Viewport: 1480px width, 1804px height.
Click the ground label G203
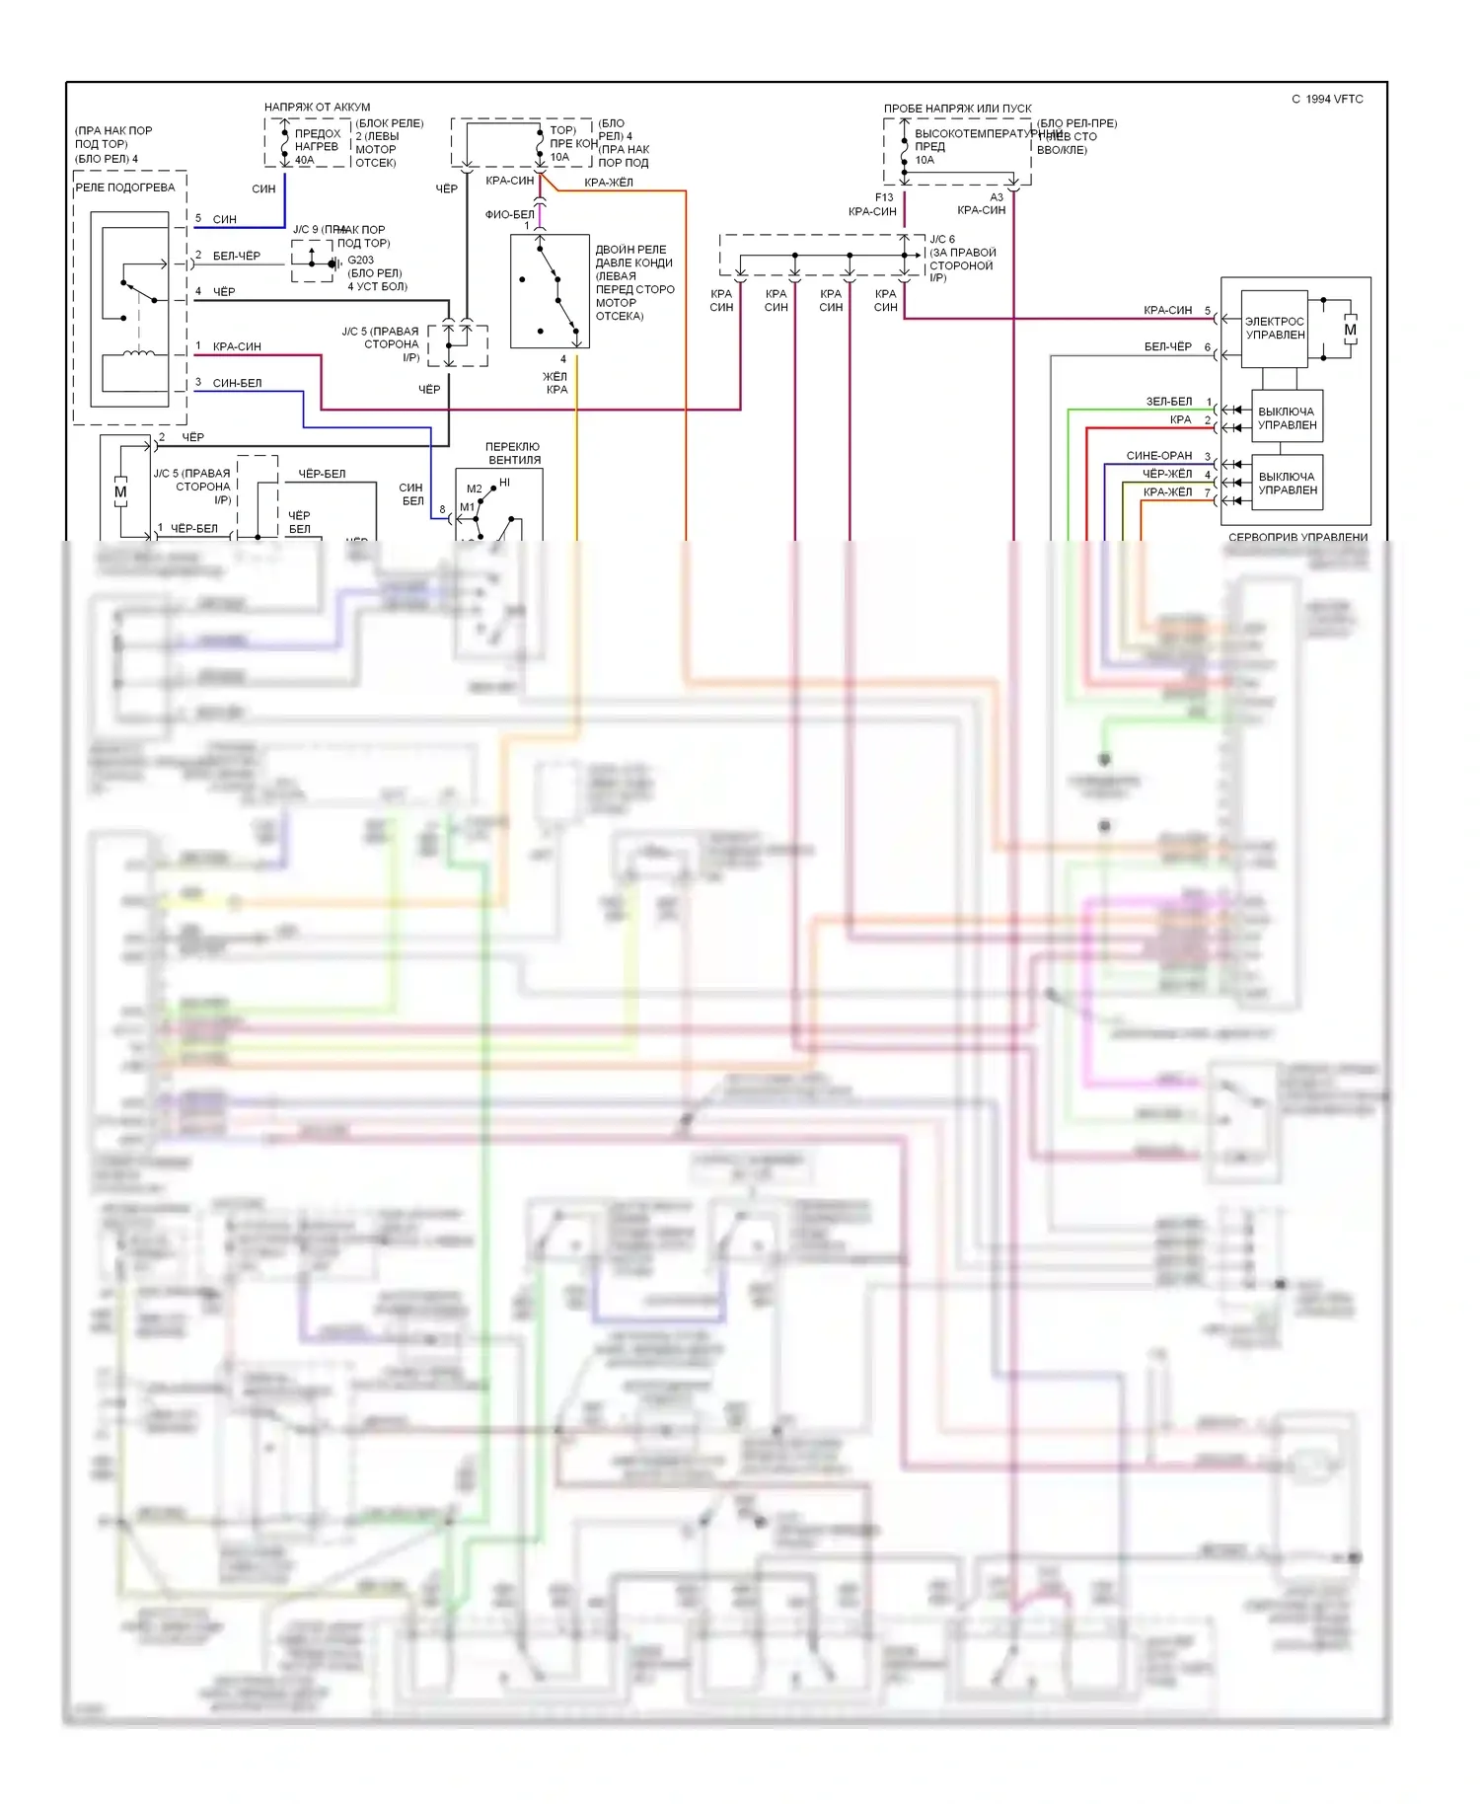coord(360,261)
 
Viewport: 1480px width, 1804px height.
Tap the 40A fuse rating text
coord(304,160)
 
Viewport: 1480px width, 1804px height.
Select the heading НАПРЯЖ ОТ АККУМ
coord(317,108)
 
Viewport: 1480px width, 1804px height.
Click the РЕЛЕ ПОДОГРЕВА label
coord(125,188)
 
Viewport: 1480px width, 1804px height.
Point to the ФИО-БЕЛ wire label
coord(509,214)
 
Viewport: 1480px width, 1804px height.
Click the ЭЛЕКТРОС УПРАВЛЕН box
coord(1274,329)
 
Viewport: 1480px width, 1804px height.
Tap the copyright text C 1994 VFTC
coord(1327,100)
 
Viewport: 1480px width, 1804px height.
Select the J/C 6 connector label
coord(942,240)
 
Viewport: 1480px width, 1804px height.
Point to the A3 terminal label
coord(997,197)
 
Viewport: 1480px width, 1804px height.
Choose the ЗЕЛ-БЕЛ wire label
coord(1168,402)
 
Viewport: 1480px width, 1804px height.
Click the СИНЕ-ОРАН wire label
coord(1159,456)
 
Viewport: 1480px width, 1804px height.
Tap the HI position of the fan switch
coord(505,483)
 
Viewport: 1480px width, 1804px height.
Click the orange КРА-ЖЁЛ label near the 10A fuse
coord(609,183)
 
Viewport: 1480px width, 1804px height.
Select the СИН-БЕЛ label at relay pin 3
coord(237,383)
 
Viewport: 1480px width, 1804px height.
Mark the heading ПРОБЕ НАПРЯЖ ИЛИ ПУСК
coord(957,109)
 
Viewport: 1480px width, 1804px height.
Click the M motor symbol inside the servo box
coord(1350,330)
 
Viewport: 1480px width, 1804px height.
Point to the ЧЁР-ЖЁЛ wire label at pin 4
coord(1167,474)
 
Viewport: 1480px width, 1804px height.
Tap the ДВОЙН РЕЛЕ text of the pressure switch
coord(630,250)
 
